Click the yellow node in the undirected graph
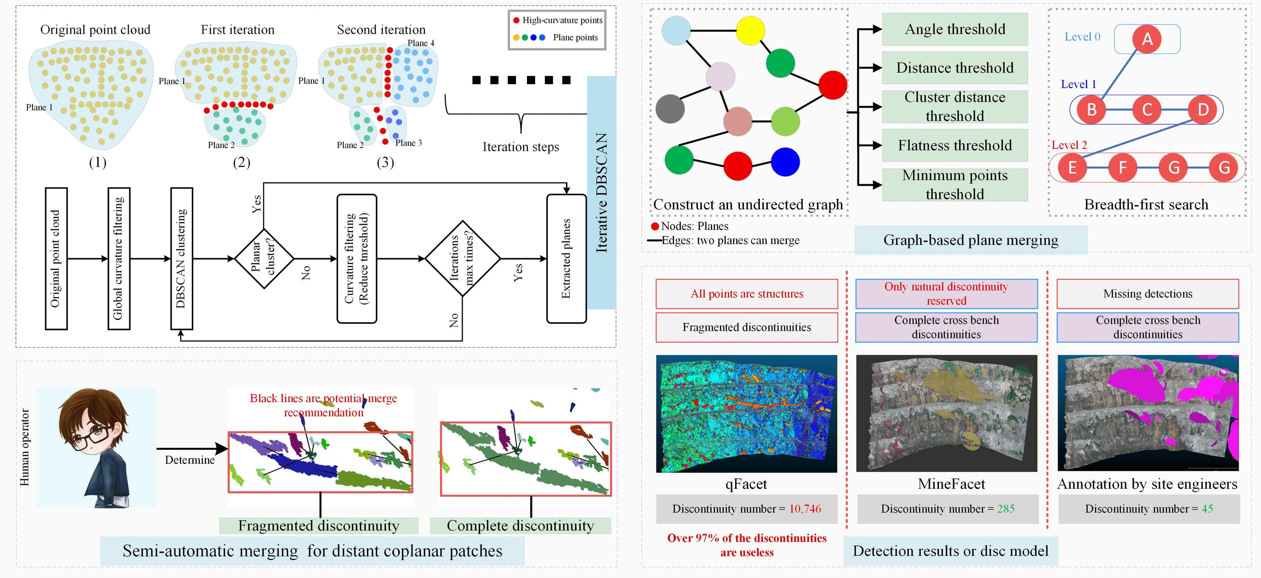coord(750,30)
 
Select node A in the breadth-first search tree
coord(1147,39)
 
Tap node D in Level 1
coord(1203,110)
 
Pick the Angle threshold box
coord(955,29)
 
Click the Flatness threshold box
coord(955,145)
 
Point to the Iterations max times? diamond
coord(463,258)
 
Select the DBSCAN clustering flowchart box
coord(182,258)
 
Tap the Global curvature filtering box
coord(119,258)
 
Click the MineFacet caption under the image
coord(951,484)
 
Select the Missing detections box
coord(1147,294)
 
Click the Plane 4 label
coord(420,43)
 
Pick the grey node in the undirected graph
coord(670,109)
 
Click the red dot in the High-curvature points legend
coord(516,21)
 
